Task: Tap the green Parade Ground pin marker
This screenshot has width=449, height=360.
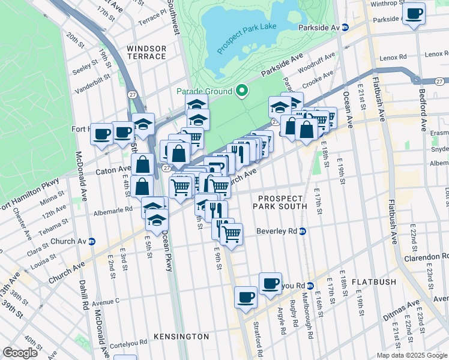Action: pos(242,91)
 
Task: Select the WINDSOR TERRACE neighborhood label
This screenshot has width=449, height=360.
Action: pos(146,52)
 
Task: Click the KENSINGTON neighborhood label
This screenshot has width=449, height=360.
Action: pos(181,337)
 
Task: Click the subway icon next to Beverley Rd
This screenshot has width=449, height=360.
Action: pos(303,231)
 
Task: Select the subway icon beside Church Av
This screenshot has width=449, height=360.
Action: pos(92,241)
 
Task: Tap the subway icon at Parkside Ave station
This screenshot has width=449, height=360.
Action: pos(345,28)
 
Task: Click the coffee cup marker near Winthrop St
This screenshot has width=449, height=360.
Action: pos(414,13)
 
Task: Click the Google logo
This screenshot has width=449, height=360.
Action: pos(20,353)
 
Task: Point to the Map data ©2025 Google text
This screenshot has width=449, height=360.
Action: pos(412,355)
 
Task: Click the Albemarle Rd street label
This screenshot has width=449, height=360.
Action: pos(112,211)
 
